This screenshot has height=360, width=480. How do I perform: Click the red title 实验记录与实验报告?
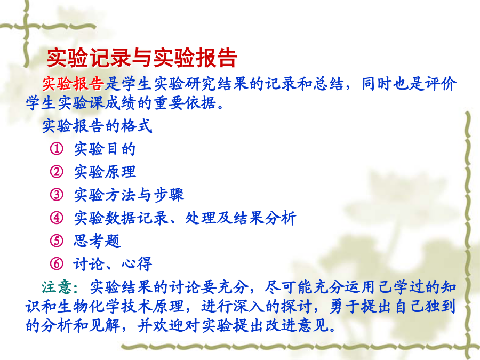[142, 58]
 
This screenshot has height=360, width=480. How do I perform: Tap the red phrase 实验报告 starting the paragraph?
[73, 84]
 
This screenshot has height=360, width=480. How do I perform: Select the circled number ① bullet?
[57, 149]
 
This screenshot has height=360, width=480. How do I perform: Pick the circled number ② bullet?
[57, 172]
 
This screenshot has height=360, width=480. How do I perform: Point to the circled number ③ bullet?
[57, 195]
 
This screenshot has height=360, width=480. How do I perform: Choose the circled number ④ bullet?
[57, 218]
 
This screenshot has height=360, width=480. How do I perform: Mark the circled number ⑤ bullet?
[57, 241]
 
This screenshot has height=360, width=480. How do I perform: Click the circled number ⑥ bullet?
[57, 263]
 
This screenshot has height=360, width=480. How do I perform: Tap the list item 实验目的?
[105, 149]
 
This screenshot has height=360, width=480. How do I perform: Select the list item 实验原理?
[105, 172]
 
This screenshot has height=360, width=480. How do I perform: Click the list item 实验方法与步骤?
[129, 195]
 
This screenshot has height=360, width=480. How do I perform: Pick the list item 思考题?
[97, 241]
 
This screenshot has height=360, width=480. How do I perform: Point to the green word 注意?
[57, 287]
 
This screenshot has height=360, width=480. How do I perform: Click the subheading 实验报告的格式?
[97, 126]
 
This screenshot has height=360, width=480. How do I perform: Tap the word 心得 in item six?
[137, 264]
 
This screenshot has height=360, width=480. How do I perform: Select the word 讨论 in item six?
[89, 264]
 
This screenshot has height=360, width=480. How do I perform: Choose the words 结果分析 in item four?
[265, 218]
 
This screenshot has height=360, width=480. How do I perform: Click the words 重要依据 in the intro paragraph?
[185, 103]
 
